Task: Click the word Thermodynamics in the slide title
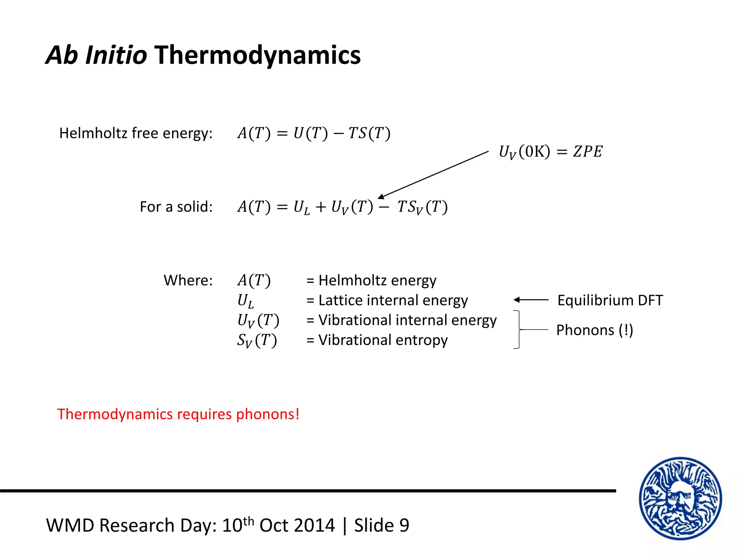(x=258, y=55)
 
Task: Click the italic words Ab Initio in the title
(x=96, y=55)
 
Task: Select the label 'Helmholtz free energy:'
(x=136, y=133)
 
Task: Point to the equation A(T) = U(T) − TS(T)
(x=314, y=133)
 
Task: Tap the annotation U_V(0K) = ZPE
(x=550, y=151)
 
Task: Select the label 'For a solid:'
(x=176, y=207)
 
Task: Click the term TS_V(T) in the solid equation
(x=422, y=207)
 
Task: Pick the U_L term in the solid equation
(x=302, y=207)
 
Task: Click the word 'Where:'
(x=188, y=280)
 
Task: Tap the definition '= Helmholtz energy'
(x=371, y=280)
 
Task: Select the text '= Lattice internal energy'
(x=387, y=300)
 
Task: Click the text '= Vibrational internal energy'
(x=401, y=320)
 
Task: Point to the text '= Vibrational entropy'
(x=377, y=340)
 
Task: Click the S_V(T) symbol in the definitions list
(x=257, y=341)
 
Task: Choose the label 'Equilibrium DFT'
(x=610, y=300)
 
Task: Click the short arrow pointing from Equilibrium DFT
(x=531, y=300)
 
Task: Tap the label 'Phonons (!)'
(x=594, y=330)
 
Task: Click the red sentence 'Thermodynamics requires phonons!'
(x=178, y=414)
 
